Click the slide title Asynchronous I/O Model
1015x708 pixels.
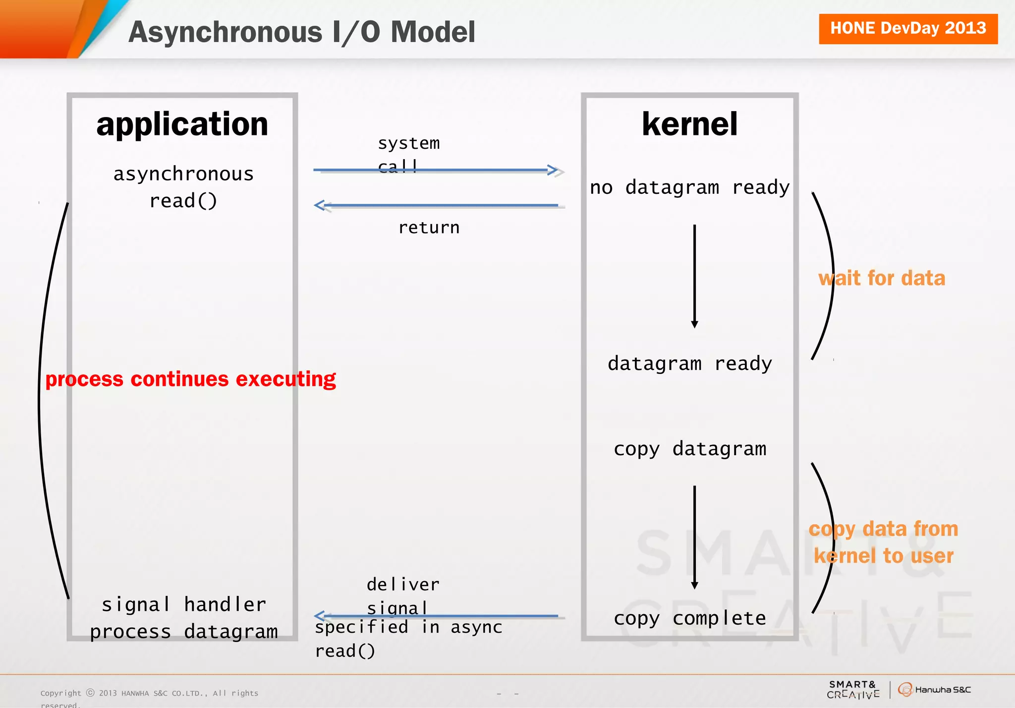[301, 32]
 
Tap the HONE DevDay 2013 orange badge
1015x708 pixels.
[907, 29]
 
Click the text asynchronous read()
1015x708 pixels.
[183, 187]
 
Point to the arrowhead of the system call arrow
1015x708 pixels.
[554, 170]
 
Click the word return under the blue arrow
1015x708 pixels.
[429, 228]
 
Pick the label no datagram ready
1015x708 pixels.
[689, 187]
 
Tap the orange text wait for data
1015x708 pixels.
[882, 278]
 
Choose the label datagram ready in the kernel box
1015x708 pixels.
[689, 363]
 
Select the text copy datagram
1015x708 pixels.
[689, 449]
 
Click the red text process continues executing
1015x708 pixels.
[190, 379]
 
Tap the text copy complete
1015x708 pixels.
[689, 618]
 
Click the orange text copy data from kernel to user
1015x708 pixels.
[883, 542]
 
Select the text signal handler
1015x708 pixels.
[183, 605]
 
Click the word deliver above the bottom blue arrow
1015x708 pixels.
[402, 585]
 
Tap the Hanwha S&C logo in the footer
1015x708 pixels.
[934, 690]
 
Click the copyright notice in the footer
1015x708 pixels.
[149, 694]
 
